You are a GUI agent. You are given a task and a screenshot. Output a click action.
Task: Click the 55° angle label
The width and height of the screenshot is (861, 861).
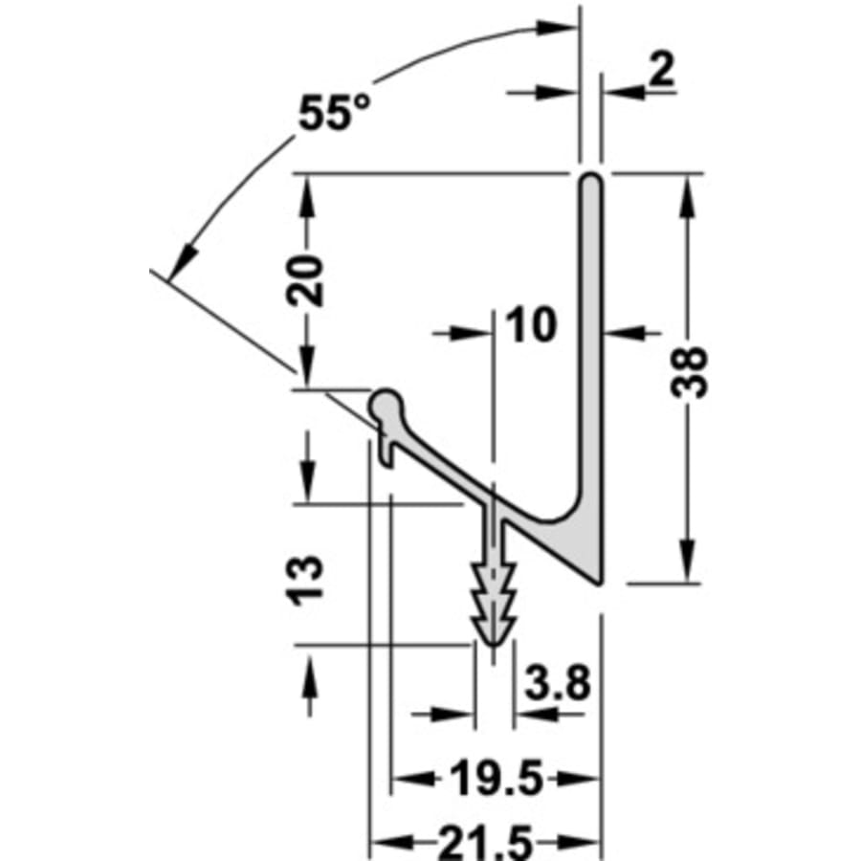click(x=334, y=112)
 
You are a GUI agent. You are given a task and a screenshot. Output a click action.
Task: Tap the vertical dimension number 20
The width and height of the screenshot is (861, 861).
click(x=305, y=280)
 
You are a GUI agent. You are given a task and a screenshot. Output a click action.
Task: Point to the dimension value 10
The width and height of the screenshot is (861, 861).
click(x=530, y=324)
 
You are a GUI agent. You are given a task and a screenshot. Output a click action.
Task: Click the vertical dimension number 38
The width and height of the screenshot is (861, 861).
click(x=690, y=372)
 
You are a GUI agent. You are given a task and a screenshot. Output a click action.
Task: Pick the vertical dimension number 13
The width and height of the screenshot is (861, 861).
click(x=305, y=581)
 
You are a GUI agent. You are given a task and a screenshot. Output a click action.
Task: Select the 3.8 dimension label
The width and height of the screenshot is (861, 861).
click(x=557, y=682)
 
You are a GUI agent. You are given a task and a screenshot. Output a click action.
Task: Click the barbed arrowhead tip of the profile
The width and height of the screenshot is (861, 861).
click(x=494, y=646)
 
